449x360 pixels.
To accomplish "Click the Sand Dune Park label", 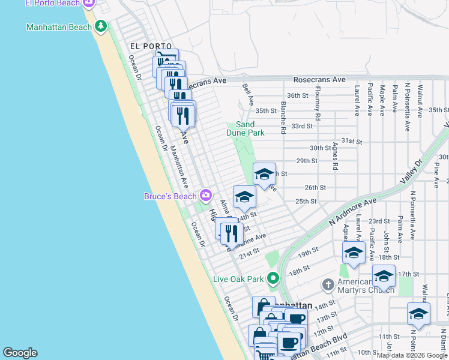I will point(246,128).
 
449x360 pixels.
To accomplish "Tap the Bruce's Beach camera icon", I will point(205,195).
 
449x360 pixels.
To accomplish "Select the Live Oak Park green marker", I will point(274,278).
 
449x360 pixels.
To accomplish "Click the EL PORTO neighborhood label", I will point(151,46).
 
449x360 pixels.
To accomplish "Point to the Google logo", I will point(20,353).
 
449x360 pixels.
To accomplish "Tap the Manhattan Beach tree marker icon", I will point(101,26).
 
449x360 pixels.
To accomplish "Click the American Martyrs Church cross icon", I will point(328,283).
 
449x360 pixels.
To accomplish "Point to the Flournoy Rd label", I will point(317,107).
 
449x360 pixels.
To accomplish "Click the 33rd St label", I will point(302,126).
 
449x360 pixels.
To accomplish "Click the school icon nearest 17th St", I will point(384,276).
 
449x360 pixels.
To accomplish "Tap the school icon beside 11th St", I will point(418,313).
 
